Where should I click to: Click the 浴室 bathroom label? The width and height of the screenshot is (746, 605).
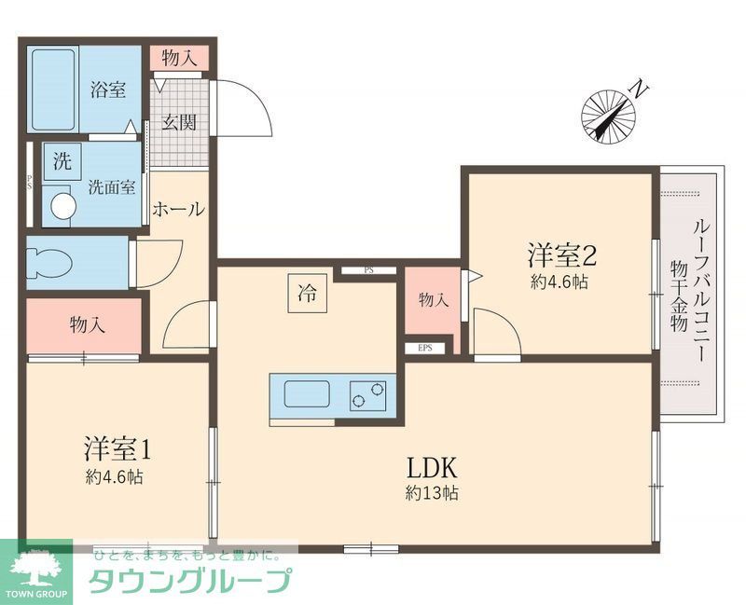pyautogui.click(x=107, y=90)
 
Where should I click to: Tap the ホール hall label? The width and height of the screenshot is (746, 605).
pyautogui.click(x=177, y=209)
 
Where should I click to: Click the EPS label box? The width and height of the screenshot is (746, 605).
pyautogui.click(x=425, y=349)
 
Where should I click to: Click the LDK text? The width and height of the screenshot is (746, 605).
pyautogui.click(x=430, y=466)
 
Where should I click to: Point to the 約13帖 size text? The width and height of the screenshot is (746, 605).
pyautogui.click(x=431, y=494)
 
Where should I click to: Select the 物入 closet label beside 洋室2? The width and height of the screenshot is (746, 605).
pyautogui.click(x=434, y=300)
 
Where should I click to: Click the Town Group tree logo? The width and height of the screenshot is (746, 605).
pyautogui.click(x=38, y=567)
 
